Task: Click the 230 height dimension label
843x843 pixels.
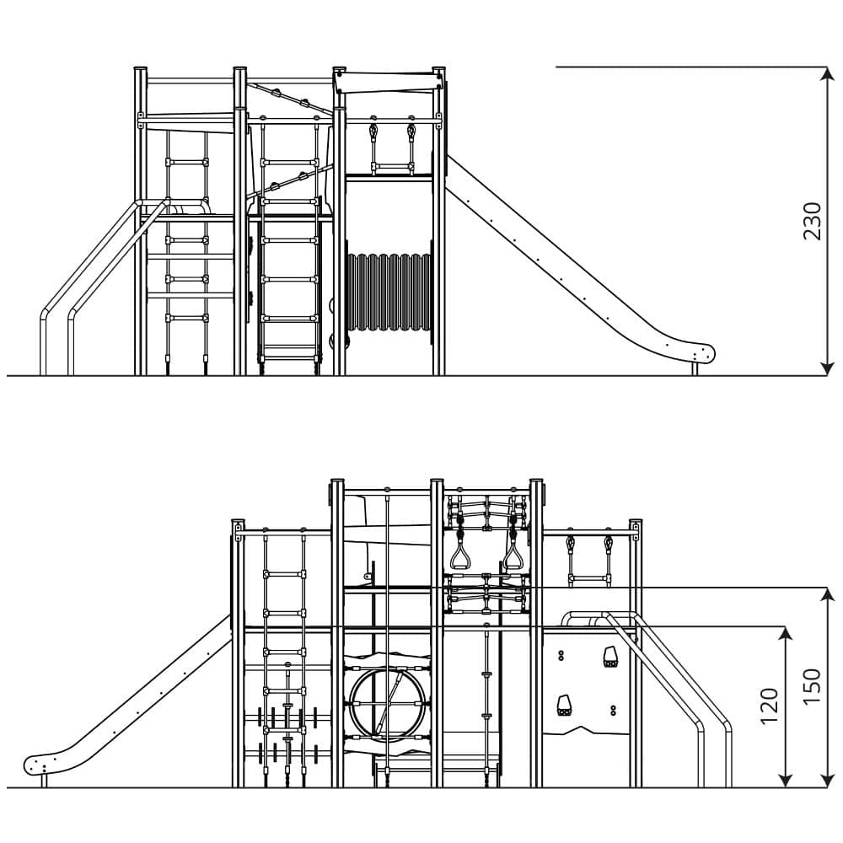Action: (811, 221)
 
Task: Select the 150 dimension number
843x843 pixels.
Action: (811, 686)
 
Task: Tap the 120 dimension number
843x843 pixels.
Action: (770, 706)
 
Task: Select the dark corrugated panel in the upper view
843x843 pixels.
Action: (388, 293)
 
